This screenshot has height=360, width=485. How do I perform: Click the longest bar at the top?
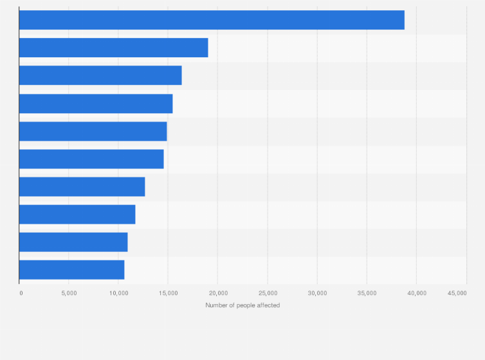(x=212, y=20)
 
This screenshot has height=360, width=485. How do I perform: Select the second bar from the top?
(x=113, y=48)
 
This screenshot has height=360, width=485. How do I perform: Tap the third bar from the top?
(x=100, y=75)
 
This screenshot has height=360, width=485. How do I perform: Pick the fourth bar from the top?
(x=96, y=104)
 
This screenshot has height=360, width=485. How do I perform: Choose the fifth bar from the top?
(x=93, y=131)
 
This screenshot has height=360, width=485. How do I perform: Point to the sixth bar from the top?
(x=91, y=159)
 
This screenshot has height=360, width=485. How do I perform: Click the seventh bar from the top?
(x=82, y=186)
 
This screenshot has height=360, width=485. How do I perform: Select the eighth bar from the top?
(x=77, y=214)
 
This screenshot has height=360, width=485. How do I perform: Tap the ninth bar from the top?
(x=73, y=242)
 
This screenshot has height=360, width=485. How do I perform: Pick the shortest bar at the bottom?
(x=71, y=269)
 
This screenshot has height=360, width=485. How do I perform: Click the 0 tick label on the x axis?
(x=21, y=293)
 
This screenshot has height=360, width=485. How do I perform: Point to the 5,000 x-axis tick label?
(x=69, y=293)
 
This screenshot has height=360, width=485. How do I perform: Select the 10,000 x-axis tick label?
(x=118, y=293)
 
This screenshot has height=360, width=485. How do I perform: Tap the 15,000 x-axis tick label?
(x=168, y=293)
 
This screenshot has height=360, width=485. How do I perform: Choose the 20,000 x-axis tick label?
(x=217, y=293)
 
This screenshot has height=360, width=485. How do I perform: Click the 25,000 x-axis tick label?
(x=268, y=293)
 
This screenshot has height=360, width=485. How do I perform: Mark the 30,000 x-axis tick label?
(x=317, y=293)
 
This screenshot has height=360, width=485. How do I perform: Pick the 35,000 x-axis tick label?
(x=367, y=293)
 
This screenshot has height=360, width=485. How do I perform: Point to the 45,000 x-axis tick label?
(x=457, y=293)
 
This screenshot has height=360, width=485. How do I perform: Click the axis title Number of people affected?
(x=243, y=305)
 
